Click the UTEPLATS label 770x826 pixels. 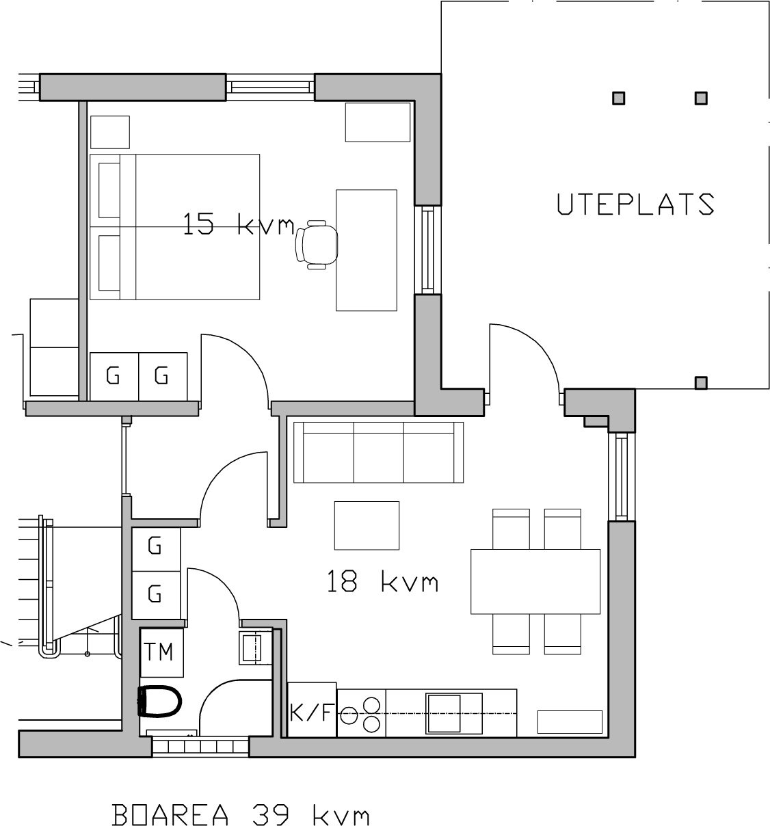[x=636, y=204]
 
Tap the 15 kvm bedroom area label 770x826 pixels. [x=239, y=224]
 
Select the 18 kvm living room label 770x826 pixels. [x=382, y=581]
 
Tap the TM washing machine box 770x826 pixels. [x=161, y=652]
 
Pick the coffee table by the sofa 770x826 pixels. [x=367, y=525]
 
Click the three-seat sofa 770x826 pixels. [x=378, y=453]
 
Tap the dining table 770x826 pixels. [x=535, y=581]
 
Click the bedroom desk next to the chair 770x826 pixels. [x=366, y=250]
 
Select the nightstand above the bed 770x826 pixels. [x=110, y=132]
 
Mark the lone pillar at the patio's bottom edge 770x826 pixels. [x=701, y=383]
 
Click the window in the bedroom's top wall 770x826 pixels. [x=270, y=88]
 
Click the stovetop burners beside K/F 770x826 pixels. [x=362, y=715]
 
